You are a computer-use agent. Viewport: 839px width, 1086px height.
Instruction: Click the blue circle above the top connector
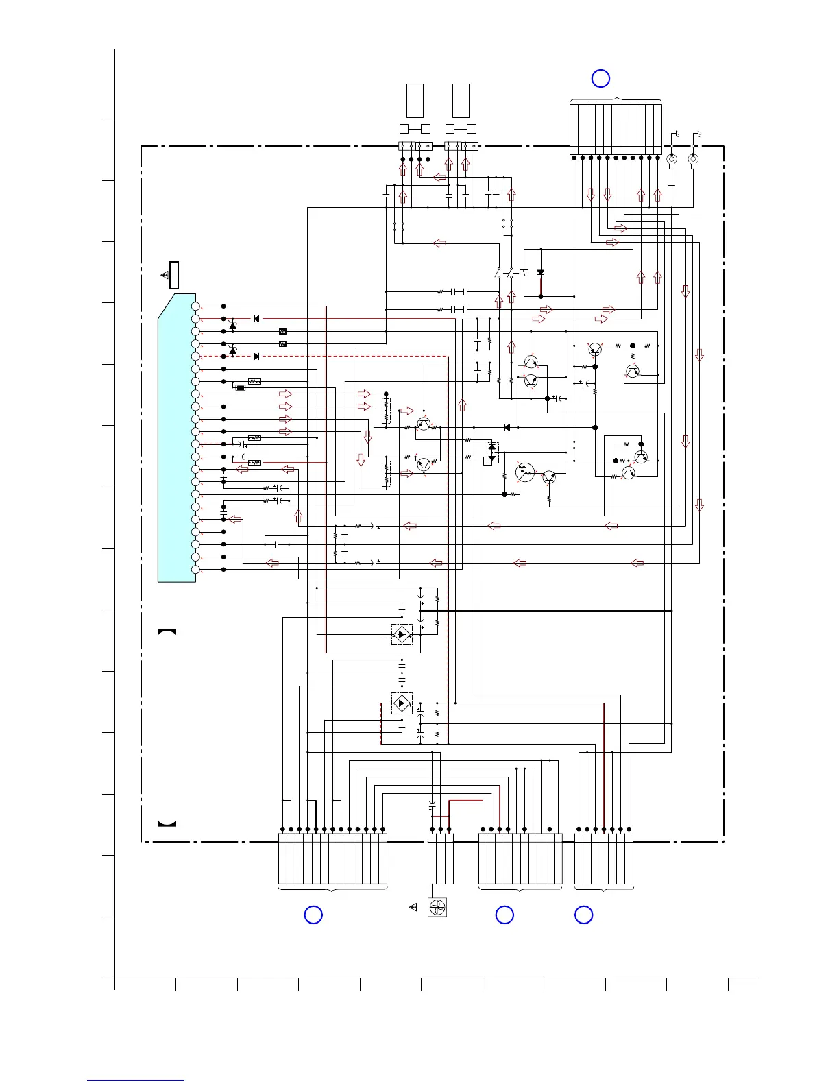600,78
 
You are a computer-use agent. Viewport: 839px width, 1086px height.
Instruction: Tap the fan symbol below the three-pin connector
437,908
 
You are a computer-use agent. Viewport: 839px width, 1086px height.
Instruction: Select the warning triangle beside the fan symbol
413,908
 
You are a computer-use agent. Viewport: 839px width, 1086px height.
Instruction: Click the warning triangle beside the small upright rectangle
165,275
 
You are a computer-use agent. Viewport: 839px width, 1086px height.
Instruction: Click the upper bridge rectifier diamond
402,634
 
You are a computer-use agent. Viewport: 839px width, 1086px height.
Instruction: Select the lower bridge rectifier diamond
402,703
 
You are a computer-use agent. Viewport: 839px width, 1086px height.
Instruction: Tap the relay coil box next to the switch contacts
524,273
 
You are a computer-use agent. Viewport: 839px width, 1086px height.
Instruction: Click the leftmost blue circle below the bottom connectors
313,915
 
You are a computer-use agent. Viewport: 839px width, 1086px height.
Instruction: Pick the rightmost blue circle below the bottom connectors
584,915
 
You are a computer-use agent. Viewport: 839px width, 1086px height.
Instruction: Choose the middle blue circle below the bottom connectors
504,915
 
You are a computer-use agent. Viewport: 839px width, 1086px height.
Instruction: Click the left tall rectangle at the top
415,101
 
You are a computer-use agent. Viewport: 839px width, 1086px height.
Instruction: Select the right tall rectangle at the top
461,101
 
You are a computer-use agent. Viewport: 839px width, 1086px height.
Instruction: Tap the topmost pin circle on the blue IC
195,306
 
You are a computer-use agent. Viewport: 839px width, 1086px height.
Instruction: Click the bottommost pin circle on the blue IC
195,570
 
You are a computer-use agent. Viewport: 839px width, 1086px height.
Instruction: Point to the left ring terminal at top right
672,162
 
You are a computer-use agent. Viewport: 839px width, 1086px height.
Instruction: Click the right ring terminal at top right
693,162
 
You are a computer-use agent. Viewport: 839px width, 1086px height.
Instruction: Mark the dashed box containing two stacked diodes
491,453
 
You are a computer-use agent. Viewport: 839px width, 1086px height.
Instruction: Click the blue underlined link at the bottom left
136,1081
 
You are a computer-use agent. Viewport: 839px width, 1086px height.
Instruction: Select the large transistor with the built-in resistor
525,472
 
